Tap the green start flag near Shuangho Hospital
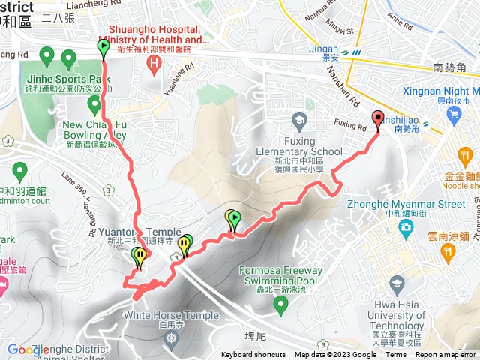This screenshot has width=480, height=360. pos(103,49)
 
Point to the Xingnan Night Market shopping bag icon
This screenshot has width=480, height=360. pos(453,114)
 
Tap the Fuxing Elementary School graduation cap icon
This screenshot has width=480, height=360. pos(298,120)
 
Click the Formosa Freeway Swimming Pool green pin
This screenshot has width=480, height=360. pos(280,304)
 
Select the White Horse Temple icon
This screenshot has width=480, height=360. pos(173,338)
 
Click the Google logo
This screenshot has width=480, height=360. pos(27,349)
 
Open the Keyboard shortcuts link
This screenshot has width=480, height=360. pos(253,355)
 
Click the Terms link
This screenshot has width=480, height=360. pos(396,355)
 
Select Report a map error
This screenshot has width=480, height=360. pos(446,355)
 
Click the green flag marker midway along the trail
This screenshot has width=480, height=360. pos(235,220)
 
